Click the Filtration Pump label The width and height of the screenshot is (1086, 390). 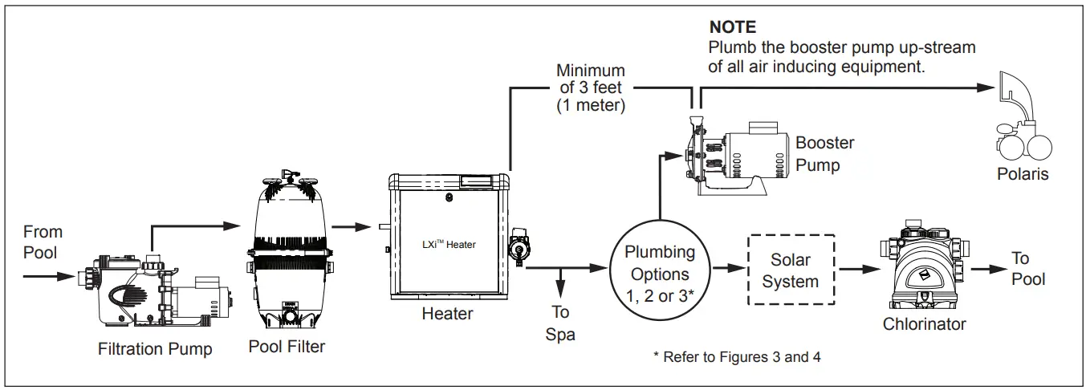pyautogui.click(x=155, y=349)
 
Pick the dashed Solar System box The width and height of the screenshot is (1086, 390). pyautogui.click(x=790, y=270)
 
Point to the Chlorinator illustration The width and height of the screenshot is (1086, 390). pyautogui.click(x=924, y=269)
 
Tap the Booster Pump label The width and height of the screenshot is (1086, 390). pyautogui.click(x=824, y=154)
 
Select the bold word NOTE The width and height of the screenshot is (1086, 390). pyautogui.click(x=732, y=28)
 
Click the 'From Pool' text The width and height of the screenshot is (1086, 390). pyautogui.click(x=43, y=242)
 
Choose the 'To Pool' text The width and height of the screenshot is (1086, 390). pyautogui.click(x=1027, y=268)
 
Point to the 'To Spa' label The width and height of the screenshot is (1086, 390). pyautogui.click(x=560, y=323)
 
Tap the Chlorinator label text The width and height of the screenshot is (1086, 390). pyautogui.click(x=924, y=324)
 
